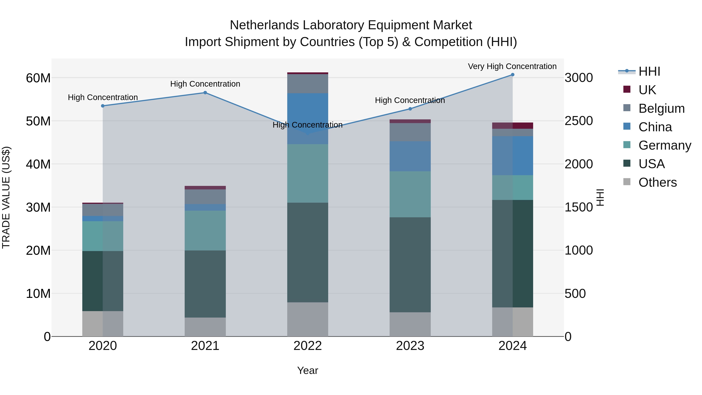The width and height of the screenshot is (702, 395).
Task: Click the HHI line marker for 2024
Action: coord(512,75)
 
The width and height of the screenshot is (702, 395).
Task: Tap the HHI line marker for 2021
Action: coord(205,93)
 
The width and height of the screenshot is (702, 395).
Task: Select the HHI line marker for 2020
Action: coord(103,106)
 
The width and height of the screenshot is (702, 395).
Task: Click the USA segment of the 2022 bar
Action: coord(308,252)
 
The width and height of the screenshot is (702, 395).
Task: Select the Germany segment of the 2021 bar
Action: coord(205,230)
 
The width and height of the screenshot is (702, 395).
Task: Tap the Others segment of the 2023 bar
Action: coord(410,324)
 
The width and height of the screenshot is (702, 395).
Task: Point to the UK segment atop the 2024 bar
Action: coord(512,126)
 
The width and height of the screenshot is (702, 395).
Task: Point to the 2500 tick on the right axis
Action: coord(578,121)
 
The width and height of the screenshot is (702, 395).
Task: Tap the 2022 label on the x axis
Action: coord(308,346)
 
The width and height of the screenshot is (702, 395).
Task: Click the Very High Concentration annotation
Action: coord(512,67)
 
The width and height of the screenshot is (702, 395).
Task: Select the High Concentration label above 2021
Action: coord(205,84)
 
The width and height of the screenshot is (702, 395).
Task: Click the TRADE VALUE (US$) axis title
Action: coord(6,197)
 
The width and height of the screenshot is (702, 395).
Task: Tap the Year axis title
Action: coord(308,370)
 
